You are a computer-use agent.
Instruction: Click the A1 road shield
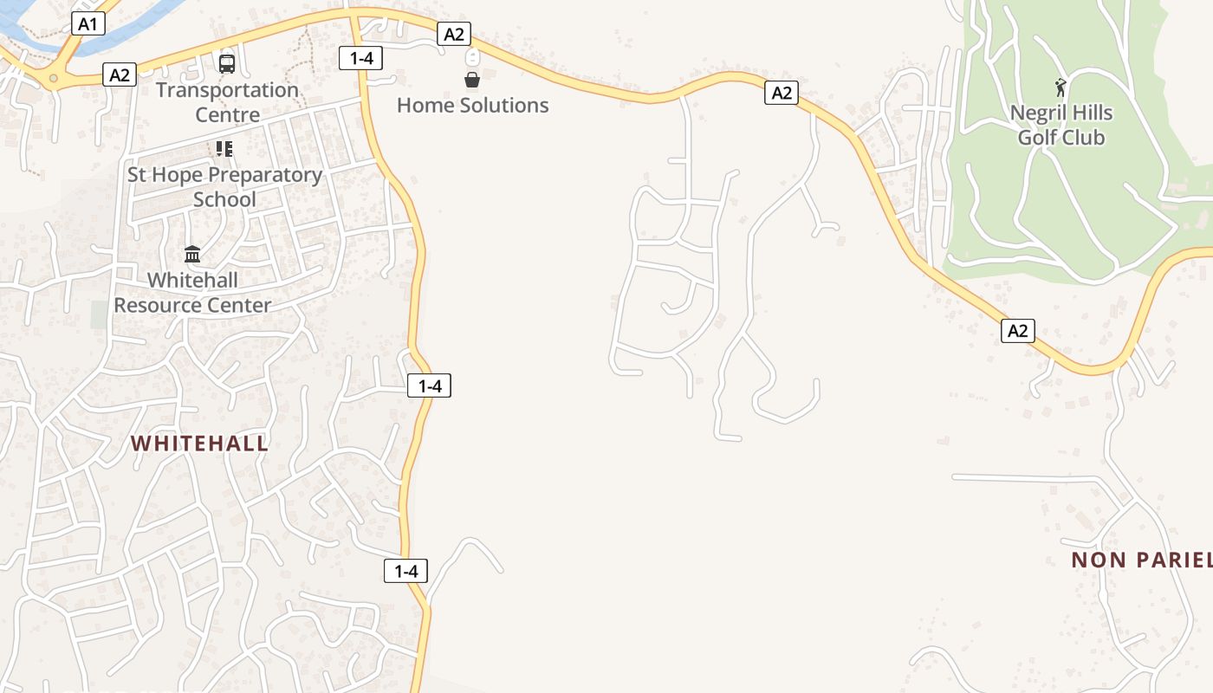[x=88, y=23]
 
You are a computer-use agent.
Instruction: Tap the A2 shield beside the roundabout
[x=120, y=74]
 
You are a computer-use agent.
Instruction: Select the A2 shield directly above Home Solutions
[x=454, y=34]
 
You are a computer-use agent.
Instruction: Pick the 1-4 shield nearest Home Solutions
[x=360, y=58]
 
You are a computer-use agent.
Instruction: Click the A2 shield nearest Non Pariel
[x=1018, y=330]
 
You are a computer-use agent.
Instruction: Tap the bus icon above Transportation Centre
[x=227, y=63]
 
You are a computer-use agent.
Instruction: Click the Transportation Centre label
[x=227, y=102]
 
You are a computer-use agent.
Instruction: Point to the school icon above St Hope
[x=224, y=149]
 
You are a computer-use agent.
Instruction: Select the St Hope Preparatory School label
[x=224, y=186]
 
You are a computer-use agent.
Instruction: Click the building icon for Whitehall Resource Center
[x=192, y=255]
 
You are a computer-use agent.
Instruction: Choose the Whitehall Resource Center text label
[x=192, y=293]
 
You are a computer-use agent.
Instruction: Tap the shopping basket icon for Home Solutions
[x=472, y=80]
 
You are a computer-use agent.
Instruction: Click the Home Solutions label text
[x=473, y=106]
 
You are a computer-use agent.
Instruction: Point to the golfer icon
[x=1061, y=87]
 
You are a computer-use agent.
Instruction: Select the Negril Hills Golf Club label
[x=1061, y=125]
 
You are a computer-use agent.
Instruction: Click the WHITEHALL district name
[x=199, y=444]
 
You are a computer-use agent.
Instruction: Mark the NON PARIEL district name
[x=1141, y=560]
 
